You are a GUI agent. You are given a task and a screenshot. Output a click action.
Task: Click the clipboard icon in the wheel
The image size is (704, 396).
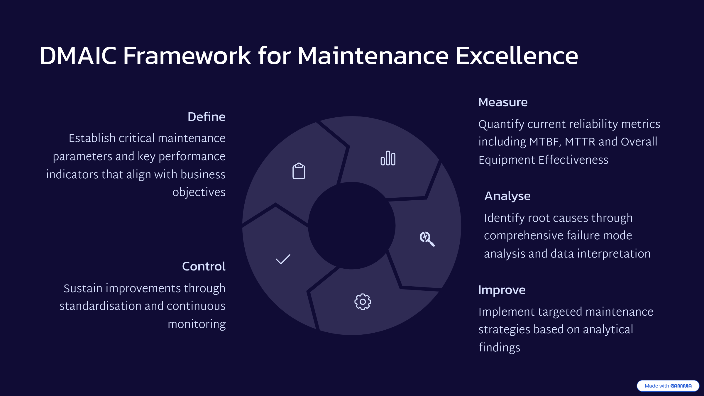(x=299, y=171)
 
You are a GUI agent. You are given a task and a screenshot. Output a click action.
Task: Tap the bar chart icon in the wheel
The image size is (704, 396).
(x=388, y=158)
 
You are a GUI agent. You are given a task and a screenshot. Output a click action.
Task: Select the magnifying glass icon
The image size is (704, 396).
(x=427, y=239)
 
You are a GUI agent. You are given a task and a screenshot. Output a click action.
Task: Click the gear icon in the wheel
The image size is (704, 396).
(x=363, y=302)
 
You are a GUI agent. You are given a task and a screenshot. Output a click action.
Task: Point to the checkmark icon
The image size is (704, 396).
(x=283, y=259)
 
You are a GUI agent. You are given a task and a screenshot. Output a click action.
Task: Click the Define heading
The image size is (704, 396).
(x=207, y=117)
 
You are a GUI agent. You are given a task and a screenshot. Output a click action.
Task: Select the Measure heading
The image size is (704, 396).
(x=503, y=102)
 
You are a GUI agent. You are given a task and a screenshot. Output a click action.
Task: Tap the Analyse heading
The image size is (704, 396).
(x=507, y=196)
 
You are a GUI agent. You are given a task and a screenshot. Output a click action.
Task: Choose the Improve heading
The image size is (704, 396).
(x=502, y=290)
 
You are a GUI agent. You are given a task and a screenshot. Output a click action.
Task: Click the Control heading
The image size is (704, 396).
(x=204, y=266)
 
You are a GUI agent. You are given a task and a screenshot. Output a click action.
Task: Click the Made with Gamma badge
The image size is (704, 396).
(x=668, y=386)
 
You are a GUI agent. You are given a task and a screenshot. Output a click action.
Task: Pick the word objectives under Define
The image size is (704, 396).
(x=199, y=192)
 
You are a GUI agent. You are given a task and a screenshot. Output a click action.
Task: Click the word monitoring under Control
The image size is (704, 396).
(x=197, y=324)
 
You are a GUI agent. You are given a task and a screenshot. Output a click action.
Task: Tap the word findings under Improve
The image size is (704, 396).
(x=499, y=347)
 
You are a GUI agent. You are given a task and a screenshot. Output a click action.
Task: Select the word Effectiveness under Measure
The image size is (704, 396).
(x=573, y=160)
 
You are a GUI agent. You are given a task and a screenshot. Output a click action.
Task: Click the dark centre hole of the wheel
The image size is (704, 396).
(x=352, y=226)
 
